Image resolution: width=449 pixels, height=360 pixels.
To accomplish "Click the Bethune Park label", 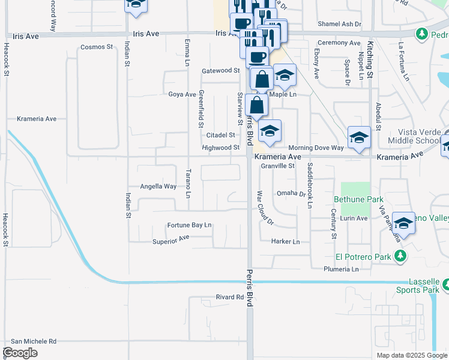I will (x=354, y=198).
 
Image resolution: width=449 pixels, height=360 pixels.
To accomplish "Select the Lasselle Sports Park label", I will (x=416, y=286).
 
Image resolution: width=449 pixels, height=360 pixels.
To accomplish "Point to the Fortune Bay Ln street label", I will (x=190, y=226).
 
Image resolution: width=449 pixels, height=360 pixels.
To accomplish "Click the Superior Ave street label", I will (x=172, y=238).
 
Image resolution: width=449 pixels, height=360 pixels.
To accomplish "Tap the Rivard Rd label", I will (x=230, y=297).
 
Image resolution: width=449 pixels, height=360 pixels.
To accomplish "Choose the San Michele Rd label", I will (x=33, y=341).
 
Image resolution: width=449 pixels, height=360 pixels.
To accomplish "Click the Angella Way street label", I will (x=158, y=186).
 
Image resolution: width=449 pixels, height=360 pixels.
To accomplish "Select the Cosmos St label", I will (x=96, y=47).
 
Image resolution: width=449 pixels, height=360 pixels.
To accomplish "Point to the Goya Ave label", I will (x=182, y=94).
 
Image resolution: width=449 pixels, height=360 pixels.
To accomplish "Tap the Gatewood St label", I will (x=221, y=71).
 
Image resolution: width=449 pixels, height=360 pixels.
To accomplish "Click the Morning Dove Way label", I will (x=316, y=148).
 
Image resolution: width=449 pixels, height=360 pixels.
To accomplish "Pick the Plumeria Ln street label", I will (x=341, y=269).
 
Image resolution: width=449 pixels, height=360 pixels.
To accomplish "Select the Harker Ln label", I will (x=285, y=242).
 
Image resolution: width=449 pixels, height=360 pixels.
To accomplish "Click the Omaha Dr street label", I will (x=291, y=193).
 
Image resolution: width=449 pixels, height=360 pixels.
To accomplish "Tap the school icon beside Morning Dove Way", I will (x=359, y=137).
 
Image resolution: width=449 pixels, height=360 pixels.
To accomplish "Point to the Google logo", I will (x=20, y=353).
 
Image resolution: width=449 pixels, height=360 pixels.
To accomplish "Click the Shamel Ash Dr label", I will (x=340, y=24).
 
